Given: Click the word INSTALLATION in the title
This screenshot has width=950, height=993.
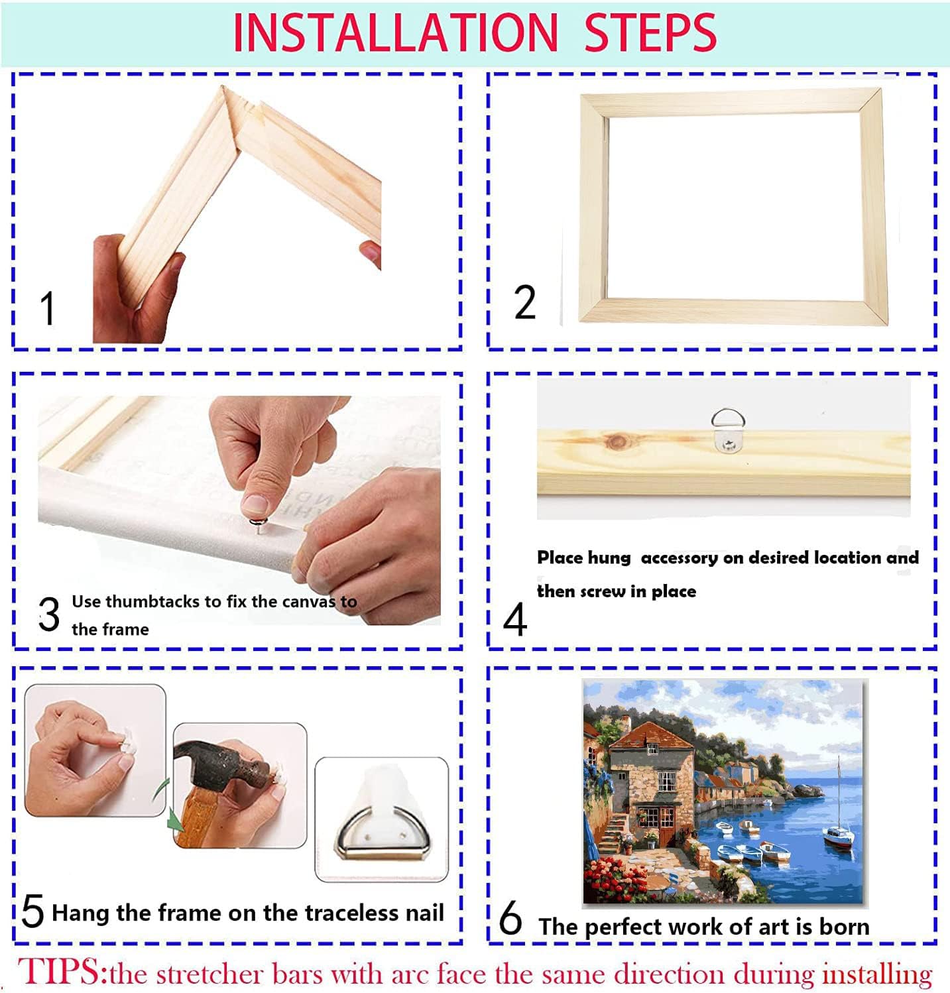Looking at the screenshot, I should click(396, 33).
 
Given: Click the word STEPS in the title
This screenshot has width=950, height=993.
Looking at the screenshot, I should click(650, 33).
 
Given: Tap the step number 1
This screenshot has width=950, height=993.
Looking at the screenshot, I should click(47, 308).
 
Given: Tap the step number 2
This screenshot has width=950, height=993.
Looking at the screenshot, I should click(524, 303).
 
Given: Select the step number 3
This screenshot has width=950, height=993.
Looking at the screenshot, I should click(49, 614).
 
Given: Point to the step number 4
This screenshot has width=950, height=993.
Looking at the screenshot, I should click(515, 620).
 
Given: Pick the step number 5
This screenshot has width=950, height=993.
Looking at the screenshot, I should click(33, 911).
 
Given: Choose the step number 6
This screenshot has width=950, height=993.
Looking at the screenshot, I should click(510, 919).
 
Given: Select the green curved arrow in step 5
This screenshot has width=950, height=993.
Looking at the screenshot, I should click(168, 809).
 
